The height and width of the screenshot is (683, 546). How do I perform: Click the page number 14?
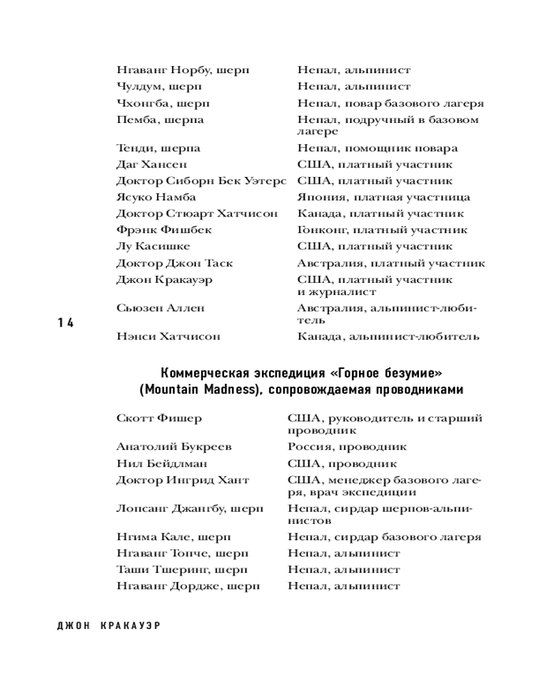(66, 323)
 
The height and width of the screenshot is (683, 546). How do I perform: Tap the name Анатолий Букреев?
(174, 447)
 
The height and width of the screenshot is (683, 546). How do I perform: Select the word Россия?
(309, 447)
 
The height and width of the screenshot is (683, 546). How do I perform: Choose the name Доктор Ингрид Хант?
(182, 480)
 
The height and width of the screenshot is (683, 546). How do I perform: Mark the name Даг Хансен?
(152, 165)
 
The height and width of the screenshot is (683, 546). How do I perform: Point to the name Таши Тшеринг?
(156, 570)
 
